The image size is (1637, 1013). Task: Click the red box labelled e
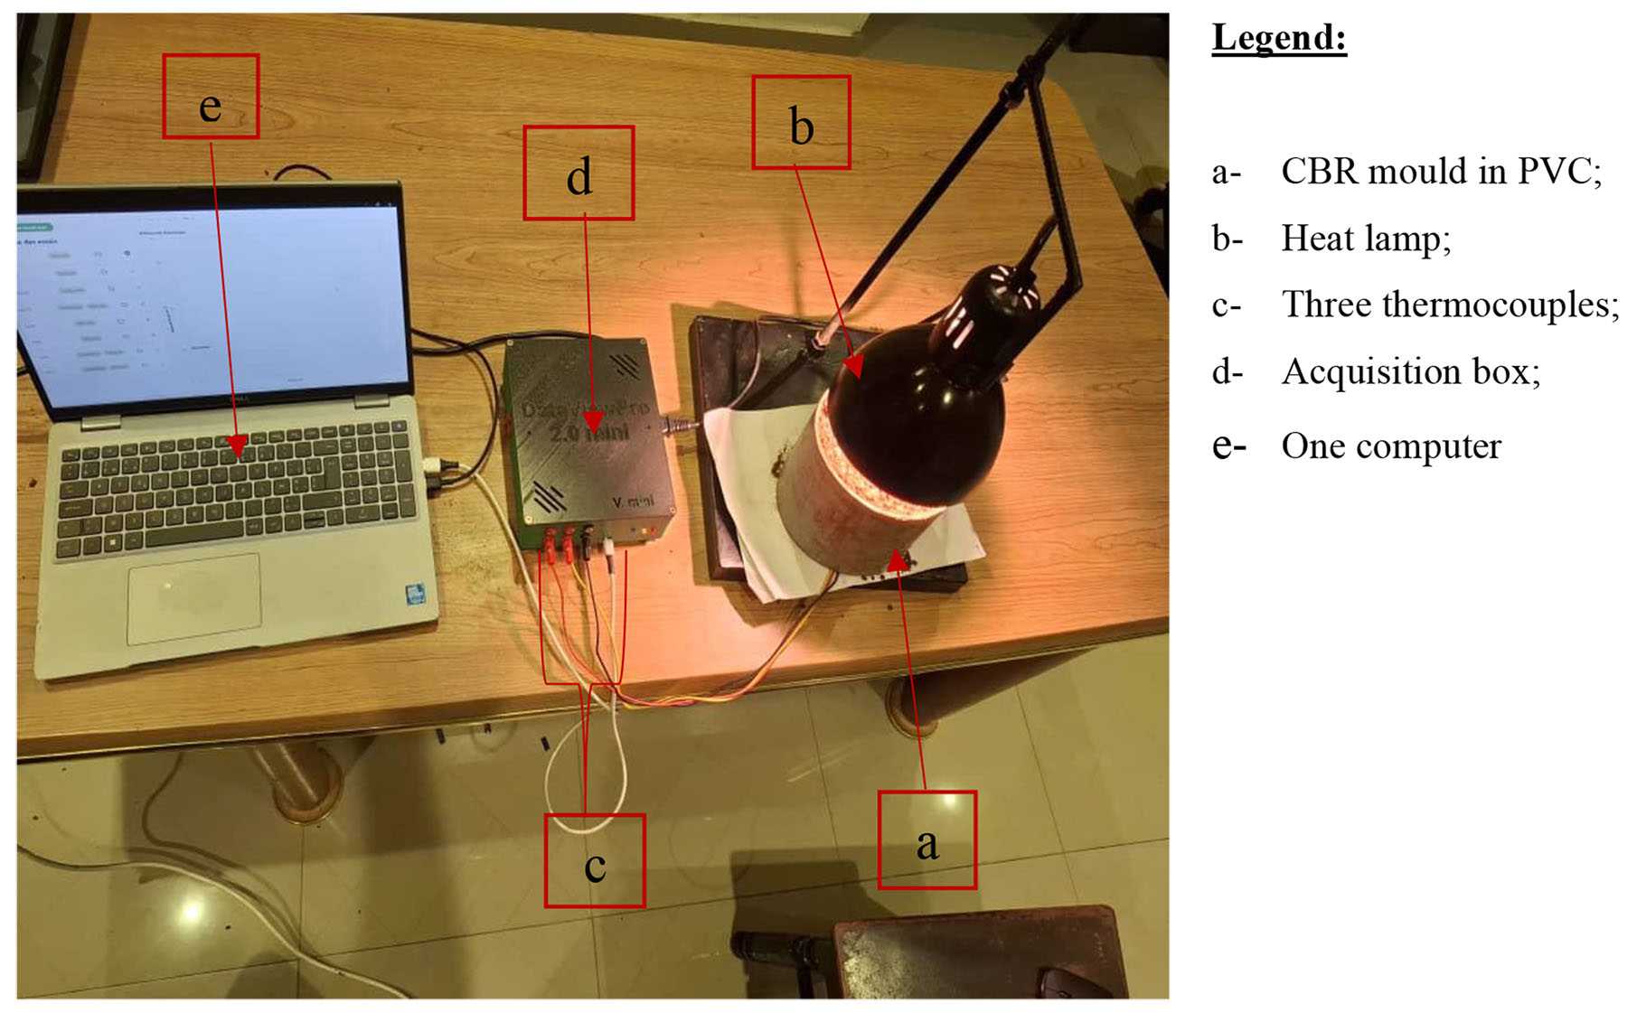click(x=211, y=97)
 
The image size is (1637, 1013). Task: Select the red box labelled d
click(x=579, y=173)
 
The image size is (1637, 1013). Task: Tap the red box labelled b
click(x=801, y=122)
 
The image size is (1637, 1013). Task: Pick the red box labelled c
click(x=594, y=860)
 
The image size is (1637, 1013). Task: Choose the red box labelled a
click(x=927, y=840)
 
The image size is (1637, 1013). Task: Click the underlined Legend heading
click(x=1278, y=39)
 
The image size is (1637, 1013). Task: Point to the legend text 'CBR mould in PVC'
click(x=1441, y=172)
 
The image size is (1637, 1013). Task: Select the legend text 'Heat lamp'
click(x=1366, y=239)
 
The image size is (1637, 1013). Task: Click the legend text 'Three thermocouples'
click(x=1450, y=305)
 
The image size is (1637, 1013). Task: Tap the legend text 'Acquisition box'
click(x=1411, y=372)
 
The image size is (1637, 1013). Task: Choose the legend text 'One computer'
click(x=1391, y=446)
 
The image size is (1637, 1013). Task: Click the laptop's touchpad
click(x=193, y=598)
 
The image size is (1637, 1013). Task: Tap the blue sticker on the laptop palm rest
click(x=415, y=595)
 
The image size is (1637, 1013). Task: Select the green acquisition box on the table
click(x=588, y=434)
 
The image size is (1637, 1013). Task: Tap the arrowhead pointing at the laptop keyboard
click(x=237, y=446)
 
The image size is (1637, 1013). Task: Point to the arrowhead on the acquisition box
click(x=592, y=422)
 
